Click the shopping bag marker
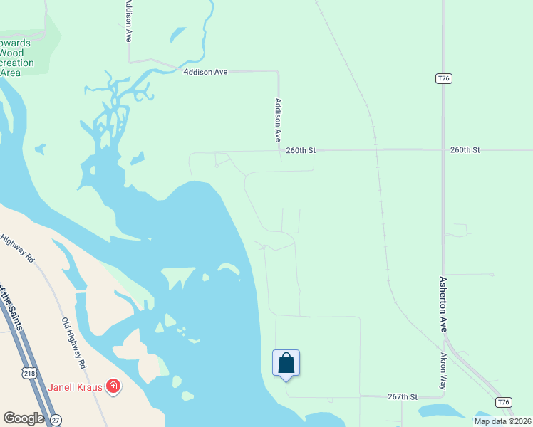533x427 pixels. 286,363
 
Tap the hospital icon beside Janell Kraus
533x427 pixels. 113,386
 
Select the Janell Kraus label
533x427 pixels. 76,387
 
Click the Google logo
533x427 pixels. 24,418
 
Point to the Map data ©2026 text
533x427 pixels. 502,421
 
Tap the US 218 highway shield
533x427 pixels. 29,373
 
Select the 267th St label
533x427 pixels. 403,396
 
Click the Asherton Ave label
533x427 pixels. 443,305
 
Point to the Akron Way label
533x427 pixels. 443,371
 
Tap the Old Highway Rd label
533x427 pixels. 73,343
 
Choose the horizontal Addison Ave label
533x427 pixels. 205,72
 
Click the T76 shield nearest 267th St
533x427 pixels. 504,402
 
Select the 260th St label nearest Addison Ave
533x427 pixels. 301,150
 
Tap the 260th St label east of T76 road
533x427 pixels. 465,150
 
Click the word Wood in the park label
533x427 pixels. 11,53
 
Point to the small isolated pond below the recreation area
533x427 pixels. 39,149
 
